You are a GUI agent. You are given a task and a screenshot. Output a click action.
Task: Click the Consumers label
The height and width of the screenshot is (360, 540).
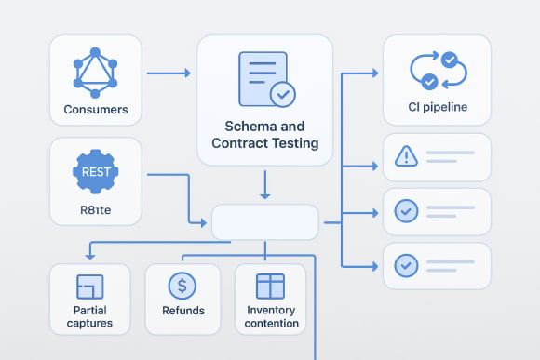point(96,110)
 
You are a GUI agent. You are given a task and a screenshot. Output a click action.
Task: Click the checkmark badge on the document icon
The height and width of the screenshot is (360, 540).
point(281,94)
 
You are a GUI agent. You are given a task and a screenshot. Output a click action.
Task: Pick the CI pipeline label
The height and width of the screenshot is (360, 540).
point(437,107)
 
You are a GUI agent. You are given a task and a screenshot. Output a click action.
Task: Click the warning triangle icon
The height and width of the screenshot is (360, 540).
point(406,156)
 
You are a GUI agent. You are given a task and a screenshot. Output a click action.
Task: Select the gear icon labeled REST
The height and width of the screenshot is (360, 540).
point(95,171)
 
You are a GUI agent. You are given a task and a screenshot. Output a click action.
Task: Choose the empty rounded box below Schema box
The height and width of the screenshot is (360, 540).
point(265,222)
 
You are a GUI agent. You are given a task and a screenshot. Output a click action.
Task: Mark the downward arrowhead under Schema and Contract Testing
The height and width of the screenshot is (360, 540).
point(264,194)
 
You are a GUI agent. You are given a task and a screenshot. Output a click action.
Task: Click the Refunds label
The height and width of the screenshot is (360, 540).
point(182,311)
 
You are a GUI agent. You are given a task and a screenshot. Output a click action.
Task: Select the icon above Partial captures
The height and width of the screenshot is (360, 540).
point(90,287)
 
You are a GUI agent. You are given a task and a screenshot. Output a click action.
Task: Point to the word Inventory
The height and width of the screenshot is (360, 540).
point(273,310)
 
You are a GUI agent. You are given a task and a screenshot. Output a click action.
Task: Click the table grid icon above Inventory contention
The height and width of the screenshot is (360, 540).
point(270,286)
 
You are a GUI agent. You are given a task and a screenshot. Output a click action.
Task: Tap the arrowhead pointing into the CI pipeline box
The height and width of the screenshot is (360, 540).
point(373,73)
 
